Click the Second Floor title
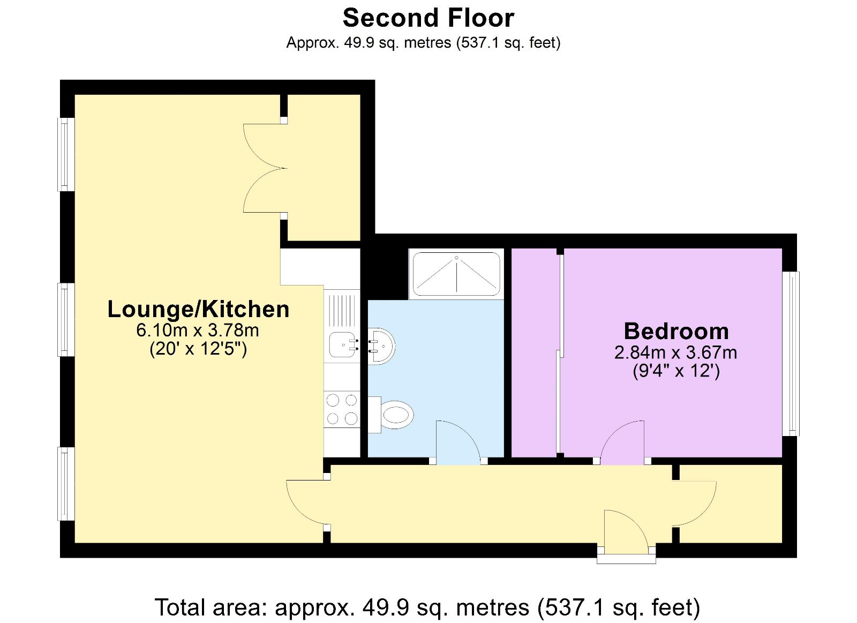[x=428, y=18]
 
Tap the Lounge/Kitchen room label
[x=198, y=309]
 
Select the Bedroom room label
[x=676, y=331]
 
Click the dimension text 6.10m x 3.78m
[x=198, y=330]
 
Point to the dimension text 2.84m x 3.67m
[x=675, y=352]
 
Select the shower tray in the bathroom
[x=456, y=274]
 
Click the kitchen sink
[x=342, y=344]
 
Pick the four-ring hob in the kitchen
[x=342, y=409]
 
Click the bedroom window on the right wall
[x=791, y=354]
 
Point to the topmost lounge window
[x=66, y=154]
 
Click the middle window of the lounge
[x=66, y=320]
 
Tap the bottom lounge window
[x=66, y=484]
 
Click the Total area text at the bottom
[x=427, y=607]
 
